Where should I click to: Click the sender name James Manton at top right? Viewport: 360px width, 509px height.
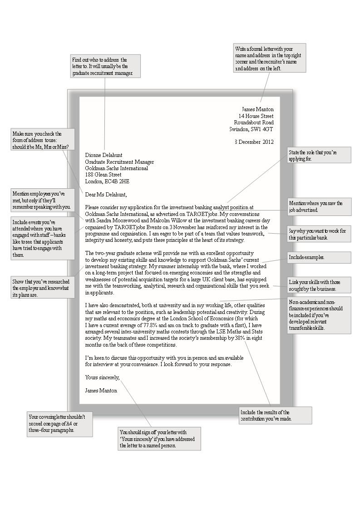(257, 109)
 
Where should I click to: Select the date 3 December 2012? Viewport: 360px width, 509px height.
(254, 142)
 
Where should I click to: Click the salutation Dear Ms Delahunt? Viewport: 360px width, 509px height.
(106, 195)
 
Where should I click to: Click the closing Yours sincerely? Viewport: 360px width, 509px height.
(102, 377)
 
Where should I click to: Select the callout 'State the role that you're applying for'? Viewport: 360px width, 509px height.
(319, 155)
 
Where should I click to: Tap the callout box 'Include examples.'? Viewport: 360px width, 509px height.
(319, 257)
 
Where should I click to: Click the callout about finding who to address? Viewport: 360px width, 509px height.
(105, 66)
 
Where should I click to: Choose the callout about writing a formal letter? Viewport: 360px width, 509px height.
(270, 58)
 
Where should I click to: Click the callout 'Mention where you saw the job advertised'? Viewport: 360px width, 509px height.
(319, 207)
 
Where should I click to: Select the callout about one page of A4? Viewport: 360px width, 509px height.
(60, 423)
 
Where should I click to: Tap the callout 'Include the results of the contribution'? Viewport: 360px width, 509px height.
(275, 416)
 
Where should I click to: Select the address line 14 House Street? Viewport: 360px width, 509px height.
(256, 116)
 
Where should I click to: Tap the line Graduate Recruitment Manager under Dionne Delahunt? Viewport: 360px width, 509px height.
(119, 162)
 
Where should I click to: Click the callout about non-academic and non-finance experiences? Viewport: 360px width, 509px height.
(319, 315)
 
